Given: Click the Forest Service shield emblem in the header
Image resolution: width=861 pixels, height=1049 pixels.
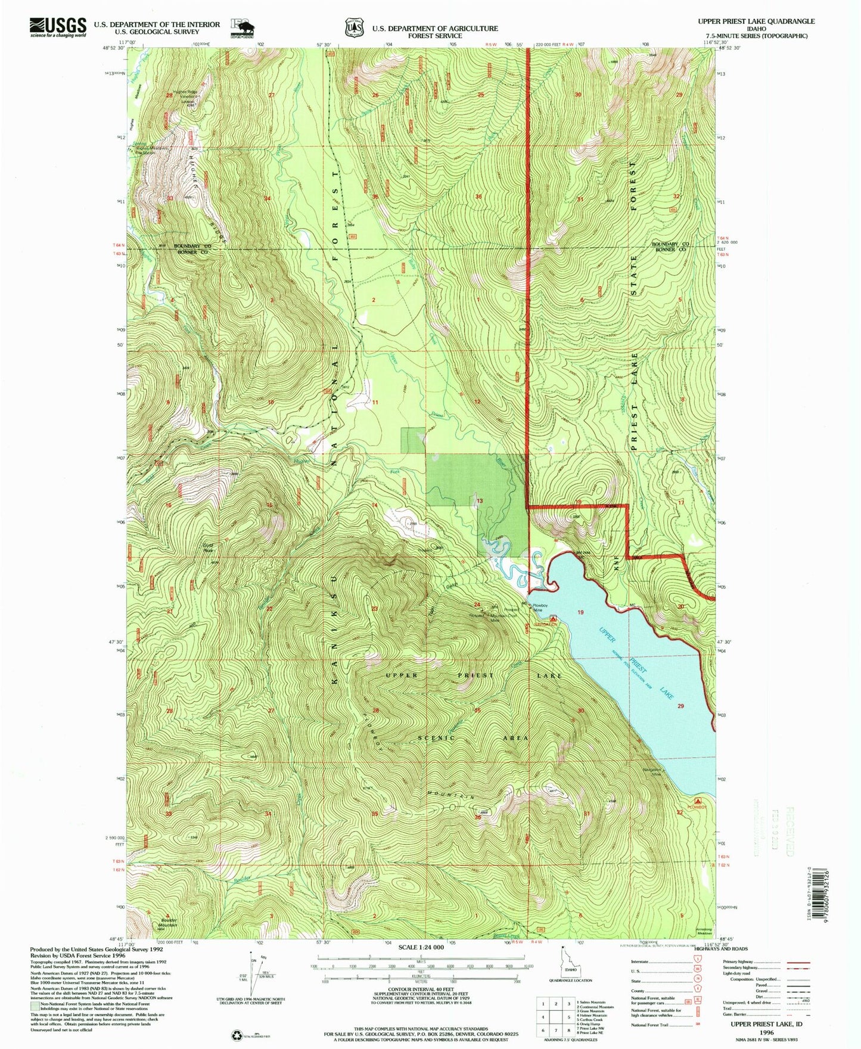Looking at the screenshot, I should pos(354,27).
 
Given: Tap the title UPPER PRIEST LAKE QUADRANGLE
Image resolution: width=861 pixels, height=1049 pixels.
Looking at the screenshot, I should pos(756,21).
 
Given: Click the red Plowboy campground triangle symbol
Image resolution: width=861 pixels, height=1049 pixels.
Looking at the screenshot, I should pos(698,801).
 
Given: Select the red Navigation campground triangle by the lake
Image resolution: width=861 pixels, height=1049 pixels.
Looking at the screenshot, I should pos(554,619).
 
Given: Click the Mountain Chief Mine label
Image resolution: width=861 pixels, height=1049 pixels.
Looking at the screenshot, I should pos(501,618).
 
